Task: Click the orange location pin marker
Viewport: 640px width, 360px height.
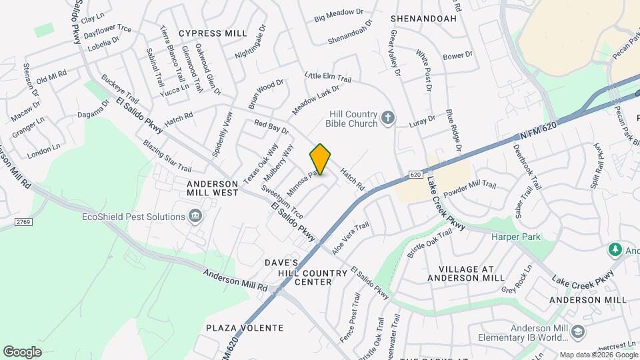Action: (321, 160)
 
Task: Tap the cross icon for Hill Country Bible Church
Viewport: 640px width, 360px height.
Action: (389, 119)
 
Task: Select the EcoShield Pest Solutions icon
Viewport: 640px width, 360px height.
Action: (195, 216)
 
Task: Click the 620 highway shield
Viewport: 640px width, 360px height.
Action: (415, 174)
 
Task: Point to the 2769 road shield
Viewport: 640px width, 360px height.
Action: (24, 220)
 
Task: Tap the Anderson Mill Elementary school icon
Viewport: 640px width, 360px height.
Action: (578, 331)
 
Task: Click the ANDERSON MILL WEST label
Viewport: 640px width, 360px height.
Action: (213, 188)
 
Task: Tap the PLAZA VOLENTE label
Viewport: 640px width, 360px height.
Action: (245, 328)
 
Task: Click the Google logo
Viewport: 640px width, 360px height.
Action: (22, 351)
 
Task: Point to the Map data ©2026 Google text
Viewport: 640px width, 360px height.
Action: (598, 355)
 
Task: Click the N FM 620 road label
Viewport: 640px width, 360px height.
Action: (539, 130)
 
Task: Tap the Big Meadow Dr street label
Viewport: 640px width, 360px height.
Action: (339, 13)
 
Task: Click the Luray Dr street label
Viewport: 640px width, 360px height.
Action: (421, 120)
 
